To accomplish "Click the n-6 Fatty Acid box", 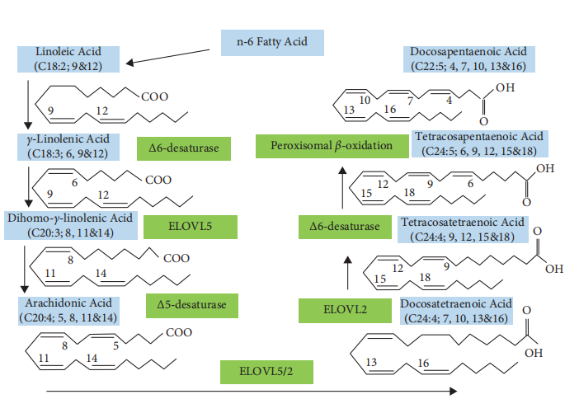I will click(x=272, y=42).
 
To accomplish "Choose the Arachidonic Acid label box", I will click(x=68, y=310).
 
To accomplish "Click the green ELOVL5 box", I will click(x=190, y=226).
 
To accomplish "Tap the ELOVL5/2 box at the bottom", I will click(x=266, y=370).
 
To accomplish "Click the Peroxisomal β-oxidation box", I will click(x=330, y=146).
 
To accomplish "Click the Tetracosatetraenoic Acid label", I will click(x=461, y=229).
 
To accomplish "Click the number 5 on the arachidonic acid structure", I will click(x=115, y=346).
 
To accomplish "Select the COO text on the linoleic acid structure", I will click(x=154, y=97).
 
